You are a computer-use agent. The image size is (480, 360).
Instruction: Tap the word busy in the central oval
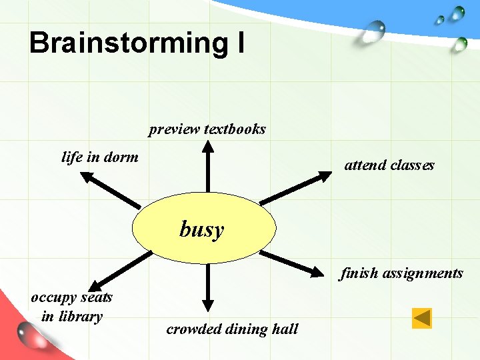coord(202,229)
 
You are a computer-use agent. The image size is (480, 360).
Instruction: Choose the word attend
coord(363,165)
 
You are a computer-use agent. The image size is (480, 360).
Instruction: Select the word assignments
coord(423,273)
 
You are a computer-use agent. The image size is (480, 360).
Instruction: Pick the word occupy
coord(53,297)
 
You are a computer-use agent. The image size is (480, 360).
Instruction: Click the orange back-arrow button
coord(422,318)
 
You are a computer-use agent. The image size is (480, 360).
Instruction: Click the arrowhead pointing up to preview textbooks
coord(208,146)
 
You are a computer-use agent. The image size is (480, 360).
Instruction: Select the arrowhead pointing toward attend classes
coord(324,175)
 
